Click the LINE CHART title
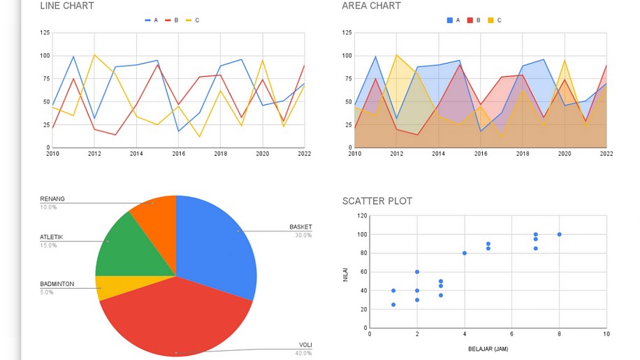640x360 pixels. [x=67, y=6]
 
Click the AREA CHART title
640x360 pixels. [x=371, y=6]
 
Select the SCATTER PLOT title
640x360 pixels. [x=377, y=201]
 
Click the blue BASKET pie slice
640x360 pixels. [x=220, y=241]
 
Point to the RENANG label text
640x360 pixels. [x=52, y=199]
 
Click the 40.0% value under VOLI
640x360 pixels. [x=303, y=353]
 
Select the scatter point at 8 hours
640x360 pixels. [x=559, y=234]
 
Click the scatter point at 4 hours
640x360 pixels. [x=464, y=253]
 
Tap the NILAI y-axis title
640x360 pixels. [x=345, y=276]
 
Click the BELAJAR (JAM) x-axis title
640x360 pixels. [x=488, y=348]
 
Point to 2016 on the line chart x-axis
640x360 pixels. [x=178, y=153]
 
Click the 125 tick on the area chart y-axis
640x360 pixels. [x=347, y=33]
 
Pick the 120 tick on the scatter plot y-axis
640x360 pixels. [x=362, y=216]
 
